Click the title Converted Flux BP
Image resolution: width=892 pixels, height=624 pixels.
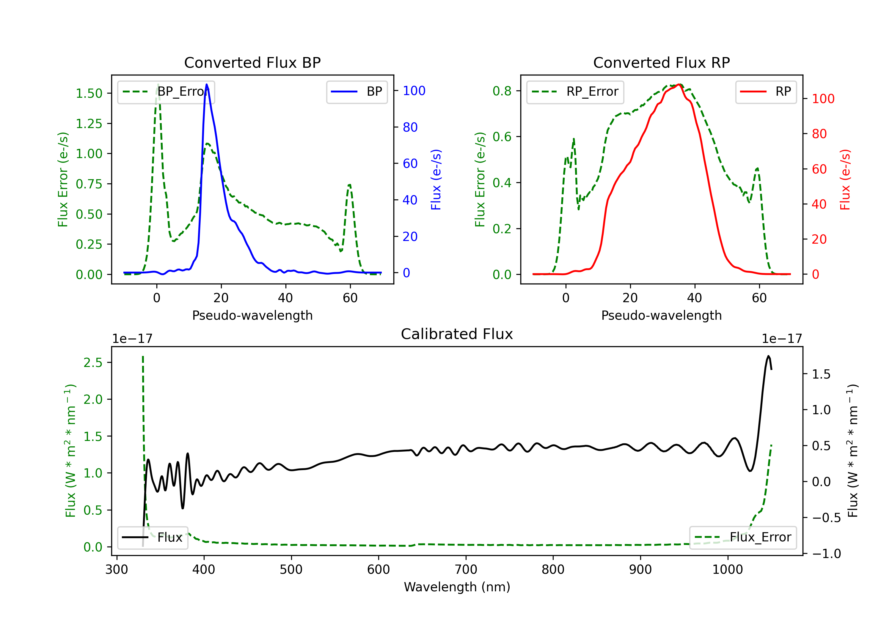pyautogui.click(x=252, y=62)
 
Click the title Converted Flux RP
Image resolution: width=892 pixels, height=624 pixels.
pyautogui.click(x=661, y=62)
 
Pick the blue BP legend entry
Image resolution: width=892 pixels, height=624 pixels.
pyautogui.click(x=357, y=92)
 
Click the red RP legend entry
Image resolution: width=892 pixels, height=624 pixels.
pyautogui.click(x=766, y=92)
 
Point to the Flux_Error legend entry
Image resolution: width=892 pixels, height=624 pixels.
pyautogui.click(x=743, y=538)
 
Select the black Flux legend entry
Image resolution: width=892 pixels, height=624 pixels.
pyautogui.click(x=153, y=538)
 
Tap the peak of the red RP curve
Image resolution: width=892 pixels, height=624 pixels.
pyautogui.click(x=679, y=84)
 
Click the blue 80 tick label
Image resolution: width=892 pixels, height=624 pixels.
pyautogui.click(x=410, y=127)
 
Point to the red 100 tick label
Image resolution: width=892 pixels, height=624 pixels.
pyautogui.click(x=823, y=99)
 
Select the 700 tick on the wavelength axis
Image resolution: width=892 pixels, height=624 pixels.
pyautogui.click(x=466, y=570)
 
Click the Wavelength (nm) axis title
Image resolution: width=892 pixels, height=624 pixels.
pyautogui.click(x=457, y=587)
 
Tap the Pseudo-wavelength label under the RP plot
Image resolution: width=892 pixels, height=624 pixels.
pyautogui.click(x=661, y=315)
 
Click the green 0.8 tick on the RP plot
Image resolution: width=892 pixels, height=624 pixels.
pyautogui.click(x=502, y=91)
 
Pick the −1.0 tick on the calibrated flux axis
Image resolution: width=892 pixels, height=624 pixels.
pyautogui.click(x=826, y=554)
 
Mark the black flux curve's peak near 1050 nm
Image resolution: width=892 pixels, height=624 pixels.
pyautogui.click(x=768, y=356)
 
